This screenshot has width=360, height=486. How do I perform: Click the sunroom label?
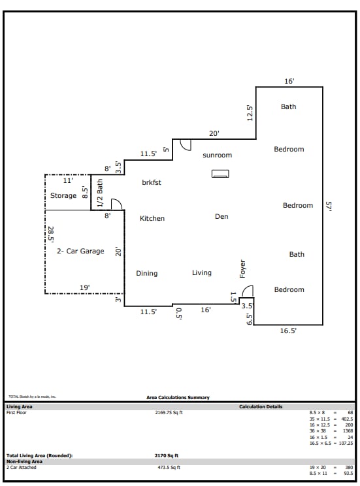pos(217,155)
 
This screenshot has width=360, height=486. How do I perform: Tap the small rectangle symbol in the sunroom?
pos(220,174)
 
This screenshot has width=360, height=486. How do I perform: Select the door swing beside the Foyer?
pos(248,291)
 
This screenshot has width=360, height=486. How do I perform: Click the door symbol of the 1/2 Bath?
pos(116,204)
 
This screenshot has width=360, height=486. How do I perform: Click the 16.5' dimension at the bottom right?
pos(288,331)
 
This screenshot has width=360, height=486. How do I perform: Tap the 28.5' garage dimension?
pos(50,234)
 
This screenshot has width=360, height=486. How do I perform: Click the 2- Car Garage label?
pos(80,251)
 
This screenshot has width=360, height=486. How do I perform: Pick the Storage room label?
pos(63,196)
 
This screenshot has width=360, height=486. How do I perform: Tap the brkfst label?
pos(151,182)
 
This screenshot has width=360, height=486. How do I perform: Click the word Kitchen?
pos(152,218)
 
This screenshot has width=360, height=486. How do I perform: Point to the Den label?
pos(221,216)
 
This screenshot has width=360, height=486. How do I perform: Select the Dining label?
pos(146,273)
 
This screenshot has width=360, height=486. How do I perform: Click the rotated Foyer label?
pos(242,268)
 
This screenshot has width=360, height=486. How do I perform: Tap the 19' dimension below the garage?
pos(85,287)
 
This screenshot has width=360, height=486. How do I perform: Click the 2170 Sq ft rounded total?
pos(167,455)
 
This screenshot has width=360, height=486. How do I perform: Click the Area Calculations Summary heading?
pos(178,397)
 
